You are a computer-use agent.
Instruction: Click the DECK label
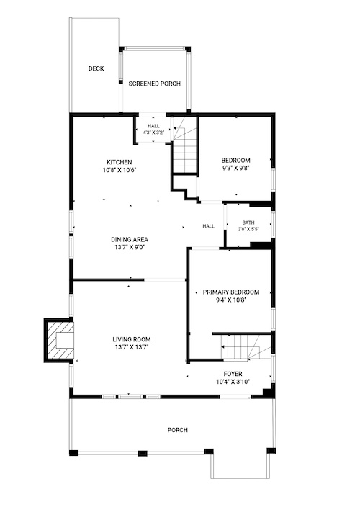pos(96,68)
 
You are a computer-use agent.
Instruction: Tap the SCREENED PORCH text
pos(155,84)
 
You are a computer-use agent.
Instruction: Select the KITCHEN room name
pos(120,162)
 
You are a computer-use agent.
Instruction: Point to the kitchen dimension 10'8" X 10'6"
pos(120,170)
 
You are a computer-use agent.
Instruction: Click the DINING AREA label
pos(130,239)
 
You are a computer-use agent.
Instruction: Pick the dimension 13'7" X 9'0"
pos(130,247)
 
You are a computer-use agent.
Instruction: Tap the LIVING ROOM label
pos(132,339)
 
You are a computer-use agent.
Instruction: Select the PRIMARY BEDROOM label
pos(231,292)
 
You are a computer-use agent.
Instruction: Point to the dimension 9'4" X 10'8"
pos(231,300)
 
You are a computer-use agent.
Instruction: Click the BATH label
pos(248,223)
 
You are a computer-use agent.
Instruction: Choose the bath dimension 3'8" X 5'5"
pos(248,229)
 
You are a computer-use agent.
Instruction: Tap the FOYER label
pos(233,374)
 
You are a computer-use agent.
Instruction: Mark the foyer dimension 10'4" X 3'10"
pos(233,382)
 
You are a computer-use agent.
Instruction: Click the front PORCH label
pos(178,430)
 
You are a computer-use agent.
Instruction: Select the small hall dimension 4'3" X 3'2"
pos(153,133)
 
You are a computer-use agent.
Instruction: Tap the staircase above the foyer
pos(246,347)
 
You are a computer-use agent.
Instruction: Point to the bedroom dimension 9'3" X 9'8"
pos(235,169)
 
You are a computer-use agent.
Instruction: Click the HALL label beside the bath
pos(208,226)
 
